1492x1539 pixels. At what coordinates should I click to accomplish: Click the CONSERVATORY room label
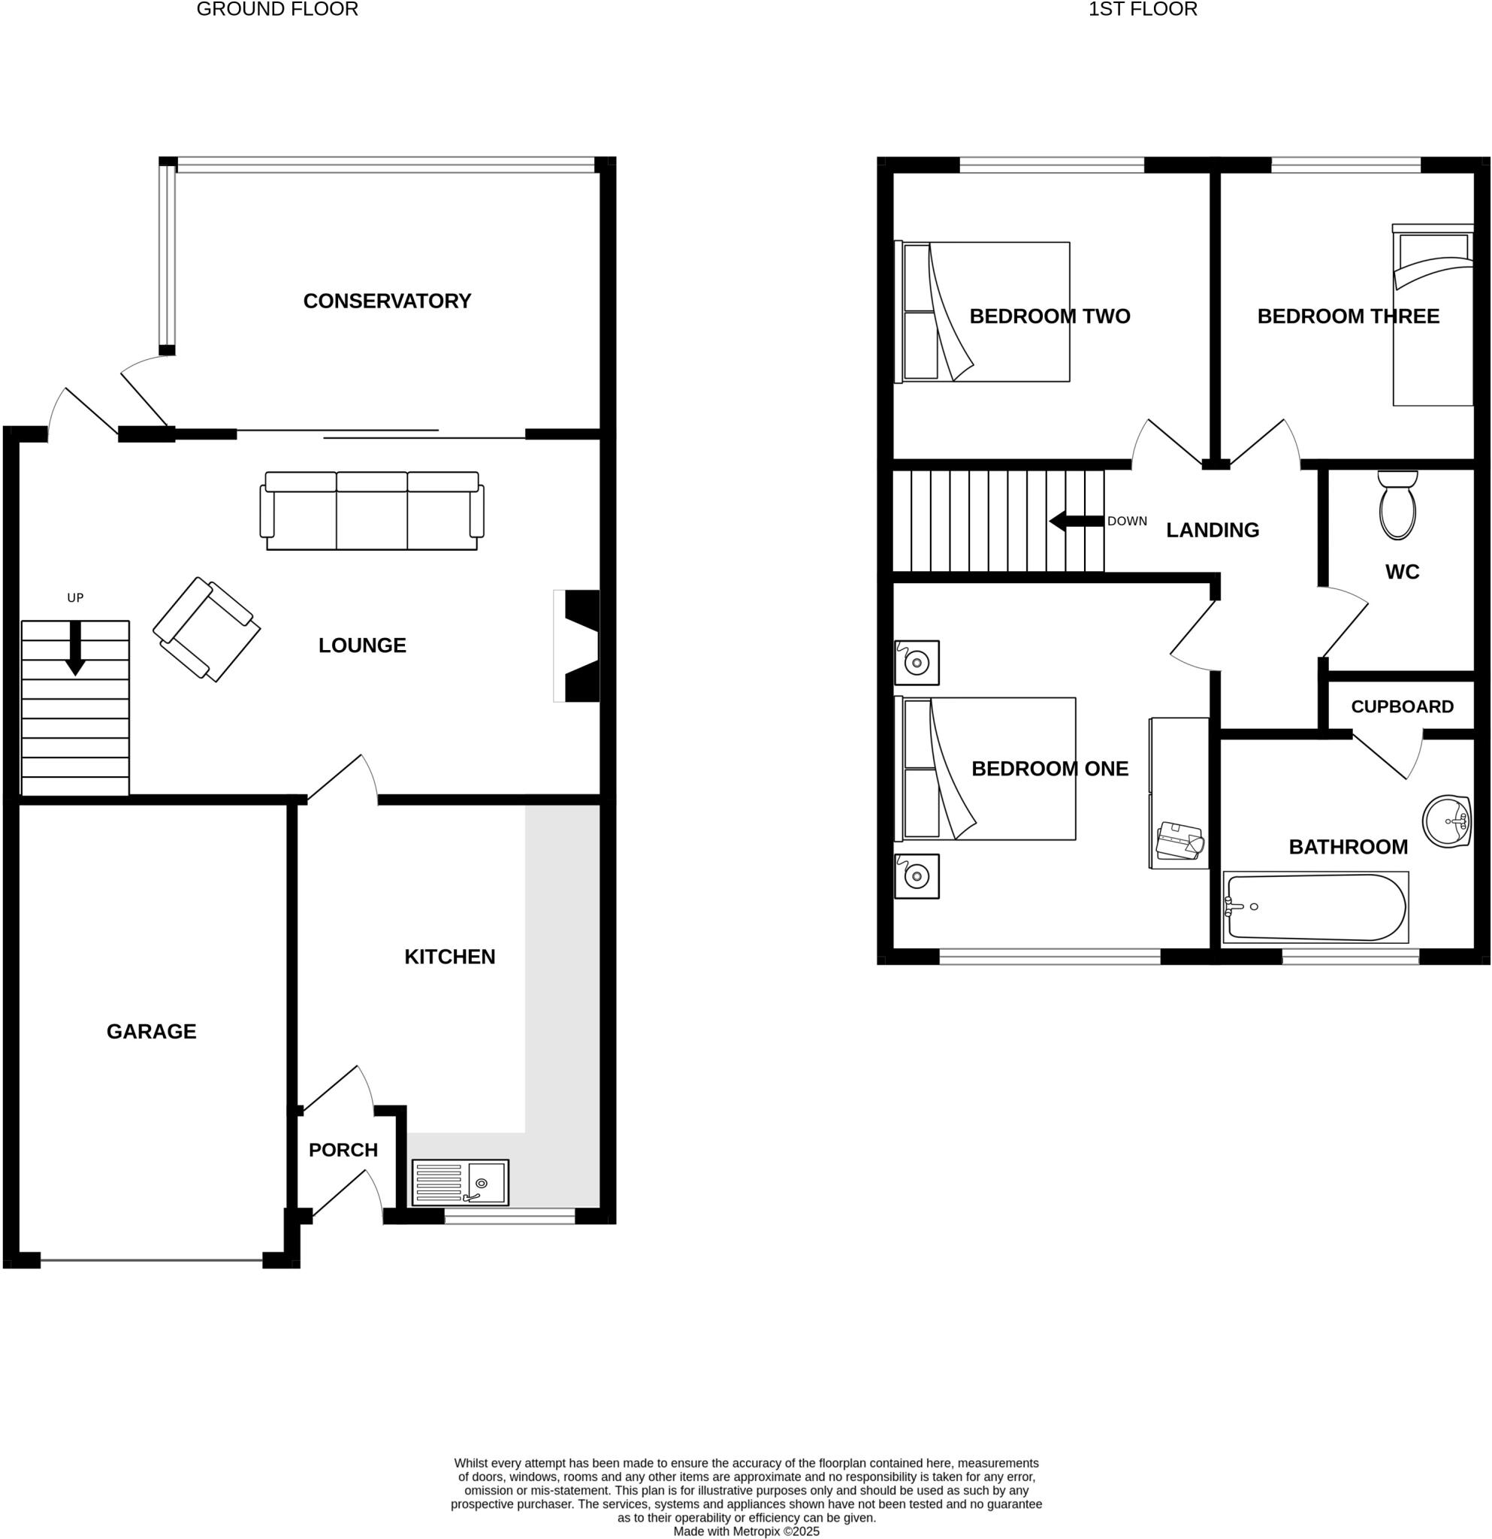(x=387, y=301)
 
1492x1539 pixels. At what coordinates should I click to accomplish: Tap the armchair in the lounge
(x=207, y=630)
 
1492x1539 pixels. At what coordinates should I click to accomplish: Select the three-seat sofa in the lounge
(x=371, y=511)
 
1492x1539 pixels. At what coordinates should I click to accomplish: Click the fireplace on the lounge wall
(x=578, y=646)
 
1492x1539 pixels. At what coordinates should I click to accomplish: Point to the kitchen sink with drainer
(x=460, y=1183)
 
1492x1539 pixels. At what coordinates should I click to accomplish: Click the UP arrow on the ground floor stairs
(x=75, y=648)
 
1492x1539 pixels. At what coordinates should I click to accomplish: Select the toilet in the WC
(x=1397, y=507)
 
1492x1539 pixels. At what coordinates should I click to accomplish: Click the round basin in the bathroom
(x=1445, y=821)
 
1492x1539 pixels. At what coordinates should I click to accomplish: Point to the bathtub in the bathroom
(x=1315, y=908)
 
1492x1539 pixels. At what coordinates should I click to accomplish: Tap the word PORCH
(x=343, y=1150)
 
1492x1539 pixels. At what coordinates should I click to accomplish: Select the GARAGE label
(x=152, y=1031)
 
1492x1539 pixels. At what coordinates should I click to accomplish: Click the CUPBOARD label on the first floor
(x=1402, y=706)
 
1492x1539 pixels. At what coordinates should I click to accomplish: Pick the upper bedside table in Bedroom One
(x=917, y=663)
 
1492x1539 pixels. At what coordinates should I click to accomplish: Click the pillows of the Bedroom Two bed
(x=920, y=312)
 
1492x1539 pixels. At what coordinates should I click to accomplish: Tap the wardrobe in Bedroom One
(x=1178, y=793)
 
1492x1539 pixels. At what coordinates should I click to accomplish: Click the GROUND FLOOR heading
(x=277, y=10)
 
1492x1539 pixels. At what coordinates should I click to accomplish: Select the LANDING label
(x=1212, y=530)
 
